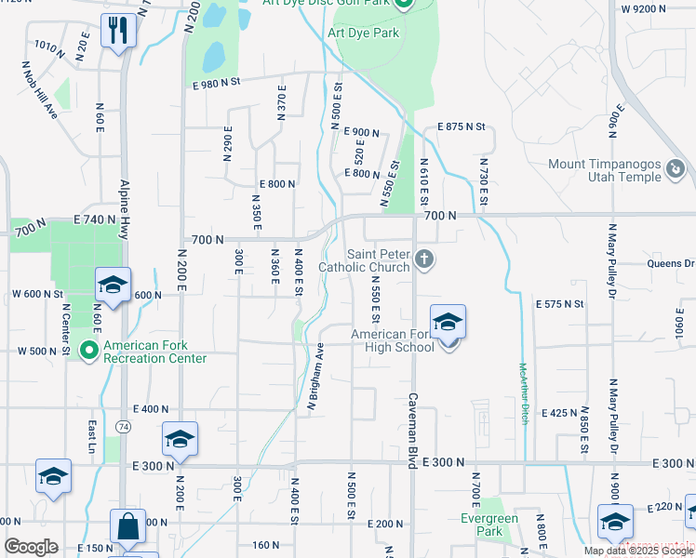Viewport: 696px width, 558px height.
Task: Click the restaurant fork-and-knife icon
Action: coord(118,30)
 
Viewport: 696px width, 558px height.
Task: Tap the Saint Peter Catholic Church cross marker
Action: coord(424,259)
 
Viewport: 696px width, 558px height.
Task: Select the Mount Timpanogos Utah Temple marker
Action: coord(676,170)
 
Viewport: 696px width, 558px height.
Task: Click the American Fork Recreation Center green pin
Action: coord(89,351)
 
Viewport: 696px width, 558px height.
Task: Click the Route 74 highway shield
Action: coord(123,425)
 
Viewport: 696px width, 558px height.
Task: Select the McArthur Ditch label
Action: coord(524,388)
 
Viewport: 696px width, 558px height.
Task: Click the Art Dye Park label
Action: coord(363,33)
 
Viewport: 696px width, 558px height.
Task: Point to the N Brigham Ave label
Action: coord(316,378)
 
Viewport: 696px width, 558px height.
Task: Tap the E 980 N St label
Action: coord(216,83)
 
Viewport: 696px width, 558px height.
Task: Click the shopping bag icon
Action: coord(127,526)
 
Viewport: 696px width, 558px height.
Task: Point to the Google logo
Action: coord(31,547)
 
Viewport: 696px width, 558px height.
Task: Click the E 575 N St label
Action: coord(559,304)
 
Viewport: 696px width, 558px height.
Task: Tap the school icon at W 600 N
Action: coord(113,286)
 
